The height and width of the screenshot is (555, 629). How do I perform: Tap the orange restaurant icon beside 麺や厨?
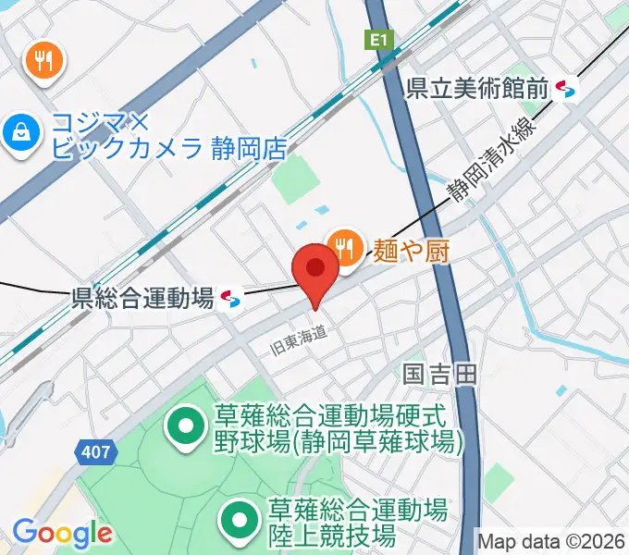tap(345, 246)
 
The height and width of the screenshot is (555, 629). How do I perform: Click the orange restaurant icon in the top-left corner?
tap(43, 61)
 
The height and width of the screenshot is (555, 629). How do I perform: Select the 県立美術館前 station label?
tap(478, 89)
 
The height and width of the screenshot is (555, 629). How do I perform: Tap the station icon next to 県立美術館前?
tap(566, 90)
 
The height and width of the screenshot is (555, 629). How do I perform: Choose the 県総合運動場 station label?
tap(143, 298)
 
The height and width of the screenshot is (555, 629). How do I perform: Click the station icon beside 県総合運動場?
tap(231, 298)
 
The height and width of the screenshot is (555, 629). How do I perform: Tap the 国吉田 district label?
tap(439, 374)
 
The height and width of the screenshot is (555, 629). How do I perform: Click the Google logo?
tap(62, 533)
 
